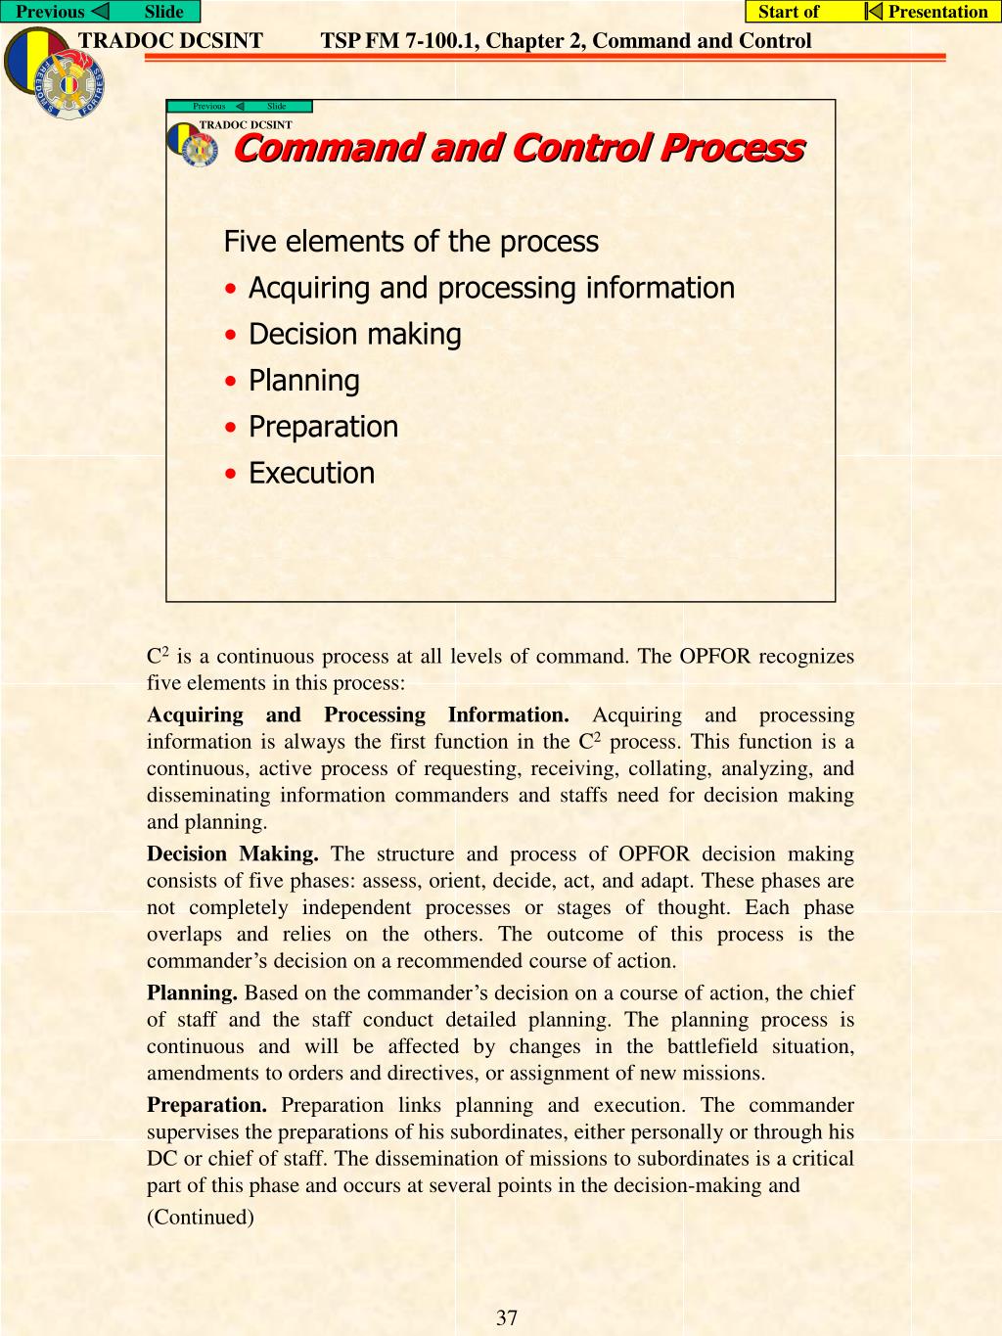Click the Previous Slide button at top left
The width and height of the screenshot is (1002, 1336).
pyautogui.click(x=100, y=12)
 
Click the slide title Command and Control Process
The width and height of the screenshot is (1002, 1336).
pyautogui.click(x=519, y=148)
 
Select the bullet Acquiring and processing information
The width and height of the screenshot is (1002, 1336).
pyautogui.click(x=490, y=288)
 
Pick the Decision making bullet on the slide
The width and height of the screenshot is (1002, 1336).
pyautogui.click(x=354, y=334)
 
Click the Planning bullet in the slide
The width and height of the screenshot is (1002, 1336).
pyautogui.click(x=303, y=380)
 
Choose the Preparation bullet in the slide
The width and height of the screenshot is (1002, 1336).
pyautogui.click(x=323, y=427)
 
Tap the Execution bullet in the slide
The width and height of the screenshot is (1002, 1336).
pyautogui.click(x=311, y=473)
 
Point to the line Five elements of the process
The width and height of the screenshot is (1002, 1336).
pyautogui.click(x=411, y=241)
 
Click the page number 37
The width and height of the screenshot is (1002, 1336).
pyautogui.click(x=507, y=1317)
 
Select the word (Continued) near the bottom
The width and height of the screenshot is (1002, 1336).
pyautogui.click(x=201, y=1217)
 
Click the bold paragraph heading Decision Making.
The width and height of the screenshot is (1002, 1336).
pyautogui.click(x=233, y=853)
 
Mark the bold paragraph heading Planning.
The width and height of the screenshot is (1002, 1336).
pyautogui.click(x=192, y=992)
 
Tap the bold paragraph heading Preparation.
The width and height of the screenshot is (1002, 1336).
pyautogui.click(x=206, y=1105)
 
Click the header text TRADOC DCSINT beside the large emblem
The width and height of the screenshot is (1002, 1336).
pyautogui.click(x=170, y=41)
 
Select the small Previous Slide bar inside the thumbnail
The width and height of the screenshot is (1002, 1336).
pyautogui.click(x=240, y=106)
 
